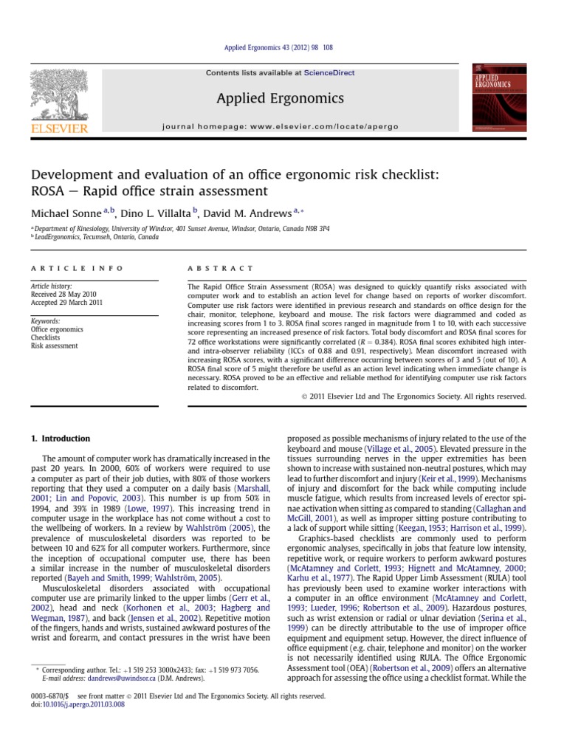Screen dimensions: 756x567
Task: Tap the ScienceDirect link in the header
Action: tap(331, 73)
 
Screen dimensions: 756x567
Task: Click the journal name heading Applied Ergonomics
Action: tap(280, 98)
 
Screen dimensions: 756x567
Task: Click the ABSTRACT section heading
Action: tap(221, 268)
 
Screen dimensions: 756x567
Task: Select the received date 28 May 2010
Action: tap(64, 293)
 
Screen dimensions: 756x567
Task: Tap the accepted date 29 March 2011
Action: tap(67, 301)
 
